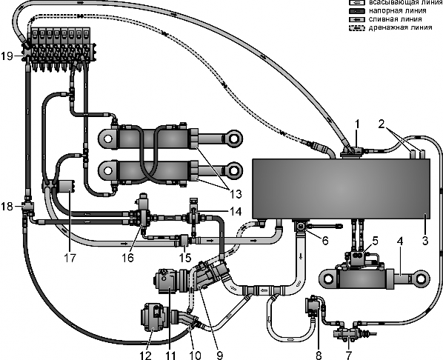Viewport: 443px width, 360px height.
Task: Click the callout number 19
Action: pos(7,56)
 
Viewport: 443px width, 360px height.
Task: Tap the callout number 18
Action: pos(7,207)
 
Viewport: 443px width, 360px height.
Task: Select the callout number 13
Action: pos(236,194)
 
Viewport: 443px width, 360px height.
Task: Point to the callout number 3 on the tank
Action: pos(425,241)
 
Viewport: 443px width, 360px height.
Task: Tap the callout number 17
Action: pos(70,258)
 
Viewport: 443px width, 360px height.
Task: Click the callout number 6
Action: pos(325,241)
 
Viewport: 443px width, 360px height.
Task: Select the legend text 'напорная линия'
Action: pos(398,11)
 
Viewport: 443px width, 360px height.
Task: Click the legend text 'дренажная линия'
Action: pos(400,27)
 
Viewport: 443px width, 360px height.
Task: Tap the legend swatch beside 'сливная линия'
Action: pos(357,19)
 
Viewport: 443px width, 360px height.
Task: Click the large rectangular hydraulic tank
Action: pos(342,189)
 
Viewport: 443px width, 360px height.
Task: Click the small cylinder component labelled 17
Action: pos(66,187)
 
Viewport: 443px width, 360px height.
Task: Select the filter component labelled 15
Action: pos(184,240)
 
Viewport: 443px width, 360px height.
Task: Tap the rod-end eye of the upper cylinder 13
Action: pos(233,139)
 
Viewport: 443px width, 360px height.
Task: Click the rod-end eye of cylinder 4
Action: pos(421,279)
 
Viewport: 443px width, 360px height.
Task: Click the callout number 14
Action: pos(236,211)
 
